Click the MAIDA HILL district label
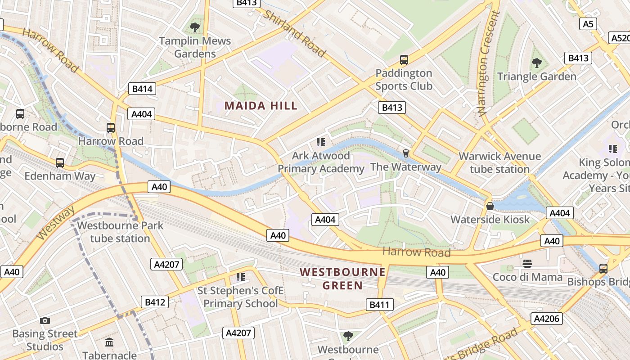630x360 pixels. (x=261, y=106)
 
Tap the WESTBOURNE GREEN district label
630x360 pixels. (x=342, y=279)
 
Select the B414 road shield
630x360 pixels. (x=142, y=89)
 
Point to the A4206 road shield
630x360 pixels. (x=547, y=319)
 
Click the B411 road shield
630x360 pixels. (x=379, y=305)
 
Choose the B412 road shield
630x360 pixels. (x=155, y=302)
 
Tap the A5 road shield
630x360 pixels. (x=588, y=24)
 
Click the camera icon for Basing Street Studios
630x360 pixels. (x=45, y=320)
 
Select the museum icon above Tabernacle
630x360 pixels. (x=109, y=342)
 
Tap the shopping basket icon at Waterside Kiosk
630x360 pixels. (x=490, y=206)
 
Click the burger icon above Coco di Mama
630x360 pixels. (x=527, y=263)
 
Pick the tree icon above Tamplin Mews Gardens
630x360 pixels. (x=195, y=27)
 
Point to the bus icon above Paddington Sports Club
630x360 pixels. (x=404, y=59)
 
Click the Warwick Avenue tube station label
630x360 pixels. (x=499, y=162)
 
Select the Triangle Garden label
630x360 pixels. (x=536, y=76)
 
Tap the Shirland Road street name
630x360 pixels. (x=294, y=34)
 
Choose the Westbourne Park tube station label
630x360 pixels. (x=120, y=232)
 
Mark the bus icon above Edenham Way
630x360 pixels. (x=60, y=162)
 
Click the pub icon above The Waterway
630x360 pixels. (x=405, y=153)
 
